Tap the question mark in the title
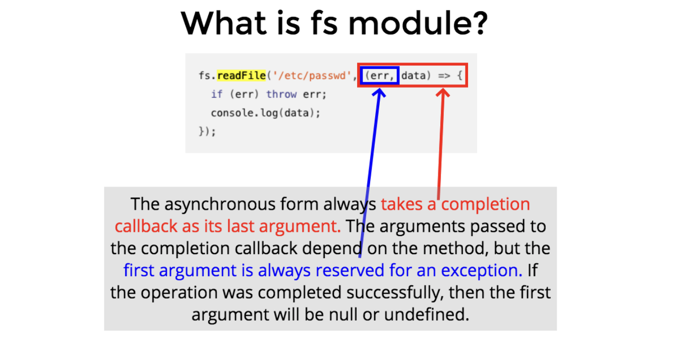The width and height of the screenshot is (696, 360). [477, 23]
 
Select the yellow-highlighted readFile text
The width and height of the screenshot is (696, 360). [242, 76]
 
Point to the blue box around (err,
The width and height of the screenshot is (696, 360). [361, 76]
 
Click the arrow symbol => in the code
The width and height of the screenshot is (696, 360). [444, 76]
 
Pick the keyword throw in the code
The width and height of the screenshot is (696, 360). [281, 94]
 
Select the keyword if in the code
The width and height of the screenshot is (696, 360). [217, 94]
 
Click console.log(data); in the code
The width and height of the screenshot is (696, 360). [265, 113]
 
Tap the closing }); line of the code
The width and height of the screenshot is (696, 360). [207, 132]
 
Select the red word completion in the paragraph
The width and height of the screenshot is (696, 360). [486, 204]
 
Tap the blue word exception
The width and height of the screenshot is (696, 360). [482, 270]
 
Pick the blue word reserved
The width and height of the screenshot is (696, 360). [350, 270]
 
